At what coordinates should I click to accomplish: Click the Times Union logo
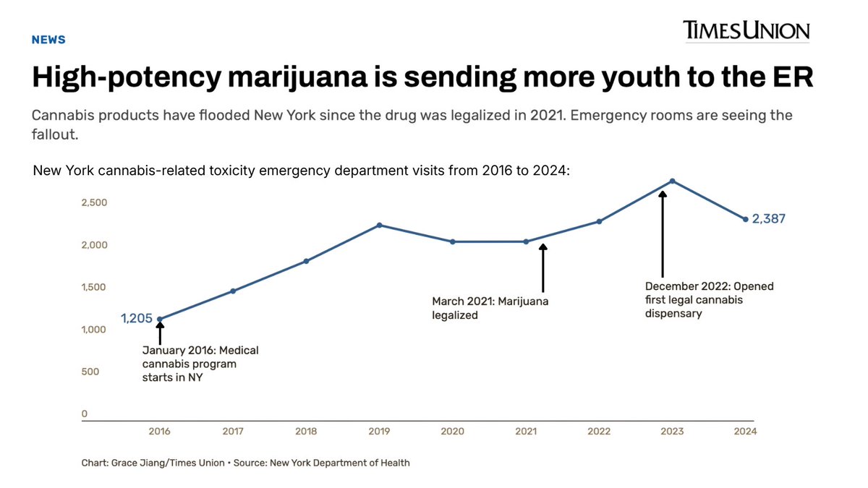746,30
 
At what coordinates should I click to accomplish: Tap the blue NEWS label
48,40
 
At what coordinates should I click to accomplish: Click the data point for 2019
379,226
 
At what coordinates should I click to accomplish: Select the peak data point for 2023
672,181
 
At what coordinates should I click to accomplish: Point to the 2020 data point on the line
453,241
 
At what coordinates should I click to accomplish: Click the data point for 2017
233,291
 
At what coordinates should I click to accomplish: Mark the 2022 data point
599,221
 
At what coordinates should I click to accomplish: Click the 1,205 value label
137,318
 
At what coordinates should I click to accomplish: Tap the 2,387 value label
768,219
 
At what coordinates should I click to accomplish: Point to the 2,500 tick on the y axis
94,202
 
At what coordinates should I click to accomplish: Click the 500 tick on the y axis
90,372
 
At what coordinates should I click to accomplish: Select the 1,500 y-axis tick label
93,287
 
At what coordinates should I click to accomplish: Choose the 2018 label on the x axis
306,432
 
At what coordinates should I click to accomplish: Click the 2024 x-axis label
745,432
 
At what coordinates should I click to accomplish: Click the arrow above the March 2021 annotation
543,268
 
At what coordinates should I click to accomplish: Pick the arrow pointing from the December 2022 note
663,234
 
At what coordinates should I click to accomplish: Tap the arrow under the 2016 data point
160,333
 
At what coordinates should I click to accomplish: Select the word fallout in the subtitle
55,134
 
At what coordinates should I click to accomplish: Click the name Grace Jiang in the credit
132,463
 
